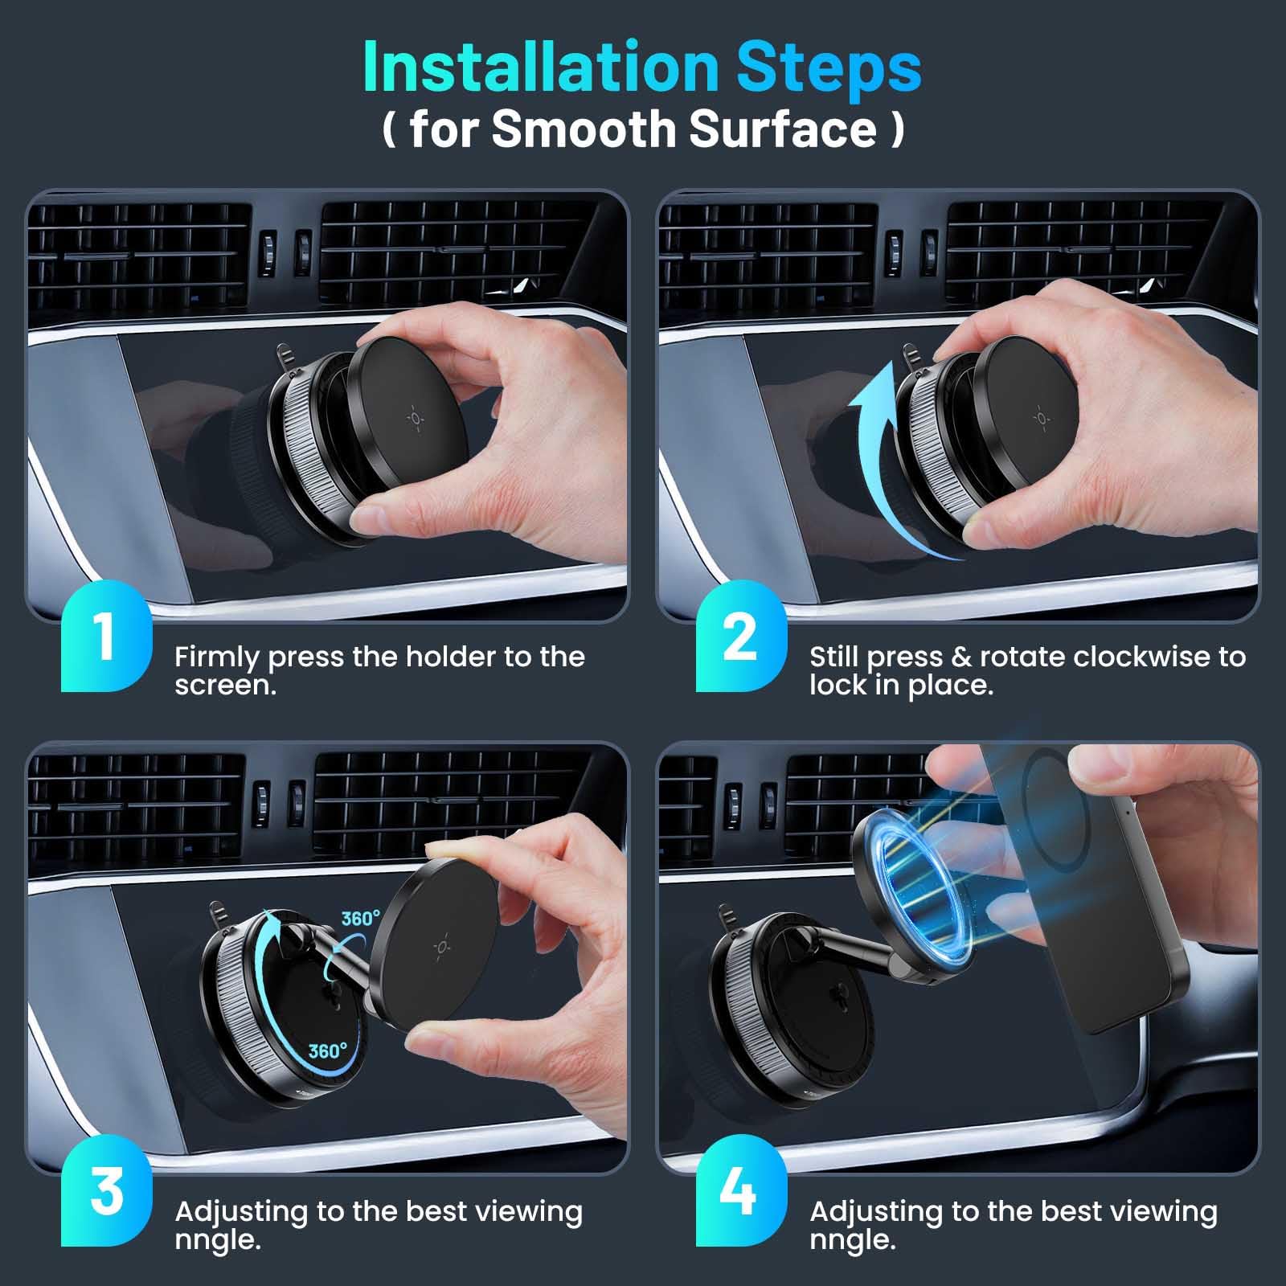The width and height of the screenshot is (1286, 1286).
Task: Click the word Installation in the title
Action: [x=540, y=68]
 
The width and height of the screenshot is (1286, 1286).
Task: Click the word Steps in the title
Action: [x=829, y=68]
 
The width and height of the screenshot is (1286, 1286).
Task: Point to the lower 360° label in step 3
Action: [x=328, y=1051]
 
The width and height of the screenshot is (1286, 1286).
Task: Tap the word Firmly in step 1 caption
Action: [x=216, y=657]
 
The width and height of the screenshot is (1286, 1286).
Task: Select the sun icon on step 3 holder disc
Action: [x=441, y=947]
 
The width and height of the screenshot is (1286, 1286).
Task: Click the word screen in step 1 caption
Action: [x=225, y=686]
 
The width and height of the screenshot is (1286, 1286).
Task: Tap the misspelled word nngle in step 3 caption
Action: [x=217, y=1239]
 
